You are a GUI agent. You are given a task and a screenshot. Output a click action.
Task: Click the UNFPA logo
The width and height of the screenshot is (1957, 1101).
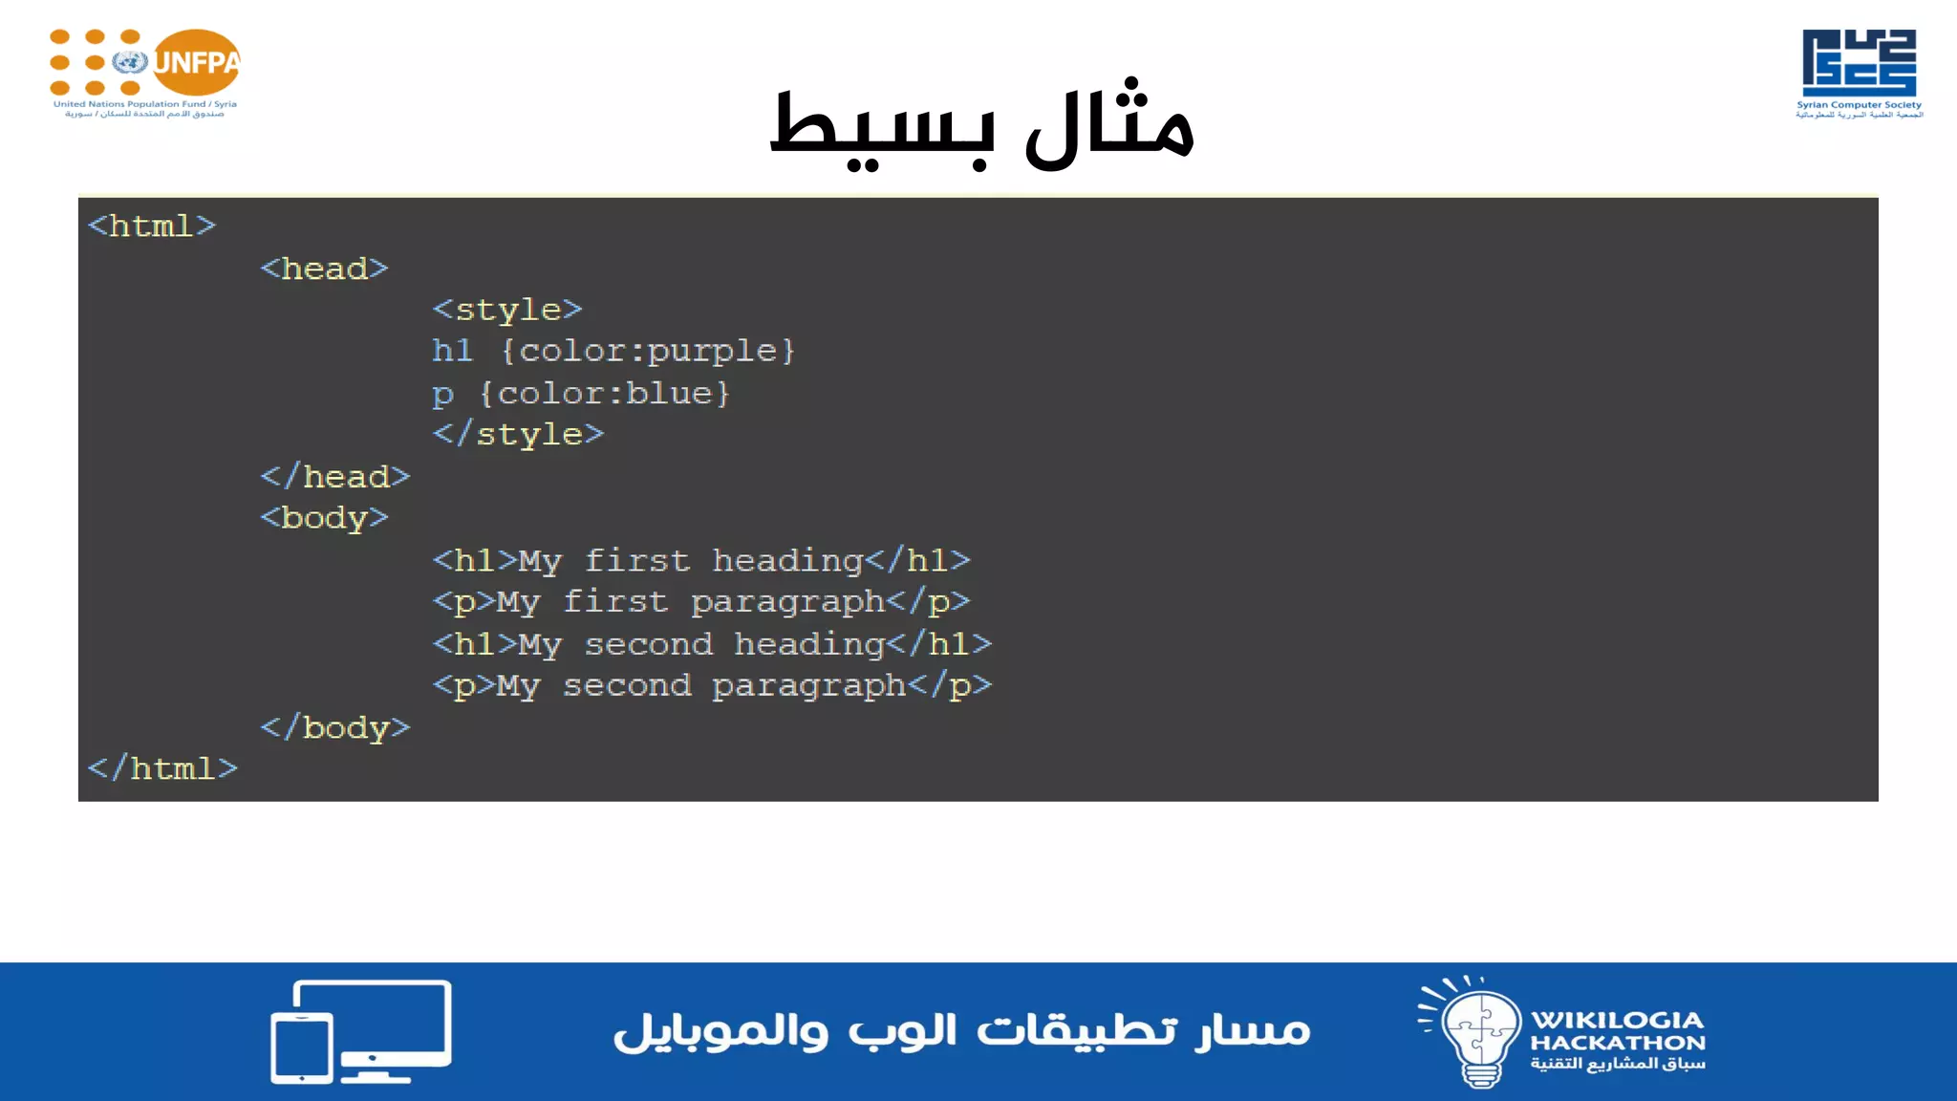click(x=145, y=72)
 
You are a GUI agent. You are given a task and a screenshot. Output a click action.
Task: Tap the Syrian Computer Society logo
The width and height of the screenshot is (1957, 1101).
click(x=1859, y=72)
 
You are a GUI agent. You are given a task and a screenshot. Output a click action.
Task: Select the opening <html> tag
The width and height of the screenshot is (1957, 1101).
click(x=152, y=227)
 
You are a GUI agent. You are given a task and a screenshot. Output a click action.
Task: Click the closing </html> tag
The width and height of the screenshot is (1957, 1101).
click(x=162, y=768)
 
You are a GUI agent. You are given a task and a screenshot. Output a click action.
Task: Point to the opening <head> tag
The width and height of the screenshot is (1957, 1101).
click(x=325, y=269)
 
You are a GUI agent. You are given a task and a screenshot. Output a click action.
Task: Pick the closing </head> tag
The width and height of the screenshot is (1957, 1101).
click(x=335, y=476)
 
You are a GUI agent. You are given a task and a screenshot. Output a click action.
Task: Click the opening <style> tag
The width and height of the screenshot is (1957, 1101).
click(x=507, y=310)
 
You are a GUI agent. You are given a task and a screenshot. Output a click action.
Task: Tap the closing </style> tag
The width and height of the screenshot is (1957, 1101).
click(x=518, y=434)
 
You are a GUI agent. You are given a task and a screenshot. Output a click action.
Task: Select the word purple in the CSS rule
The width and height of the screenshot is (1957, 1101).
click(x=712, y=352)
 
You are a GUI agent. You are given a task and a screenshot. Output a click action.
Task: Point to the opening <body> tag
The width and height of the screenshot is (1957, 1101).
click(x=325, y=518)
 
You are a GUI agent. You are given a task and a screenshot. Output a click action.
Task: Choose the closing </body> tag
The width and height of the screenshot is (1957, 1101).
click(x=335, y=727)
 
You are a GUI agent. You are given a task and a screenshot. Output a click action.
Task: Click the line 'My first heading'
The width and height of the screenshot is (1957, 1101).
click(x=701, y=560)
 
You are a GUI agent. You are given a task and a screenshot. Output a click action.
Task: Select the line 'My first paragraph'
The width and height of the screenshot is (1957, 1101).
click(x=701, y=602)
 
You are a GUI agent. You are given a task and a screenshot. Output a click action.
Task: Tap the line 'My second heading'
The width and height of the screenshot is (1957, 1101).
click(x=712, y=644)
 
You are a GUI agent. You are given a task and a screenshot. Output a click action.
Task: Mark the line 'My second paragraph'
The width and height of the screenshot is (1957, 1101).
click(x=712, y=686)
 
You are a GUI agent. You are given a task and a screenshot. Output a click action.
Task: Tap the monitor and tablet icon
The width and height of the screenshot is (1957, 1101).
click(x=361, y=1032)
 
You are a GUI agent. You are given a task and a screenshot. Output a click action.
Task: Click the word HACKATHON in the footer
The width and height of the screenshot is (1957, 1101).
click(x=1618, y=1043)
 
